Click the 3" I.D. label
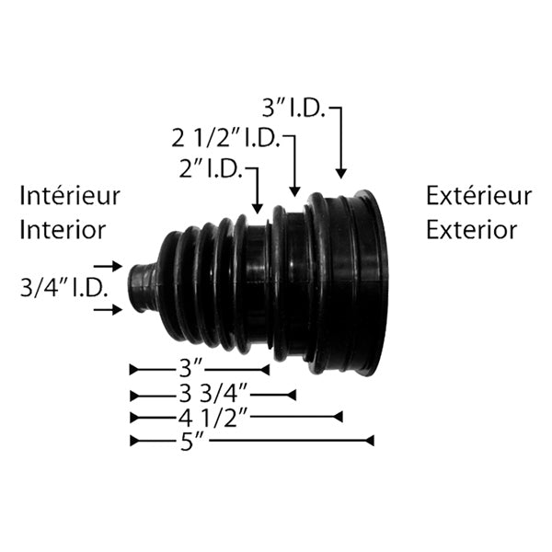(293, 109)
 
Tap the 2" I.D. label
(213, 168)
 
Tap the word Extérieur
(478, 196)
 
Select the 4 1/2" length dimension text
(212, 418)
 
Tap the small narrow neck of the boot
(140, 288)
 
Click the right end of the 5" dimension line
(372, 442)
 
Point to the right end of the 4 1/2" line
(340, 418)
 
